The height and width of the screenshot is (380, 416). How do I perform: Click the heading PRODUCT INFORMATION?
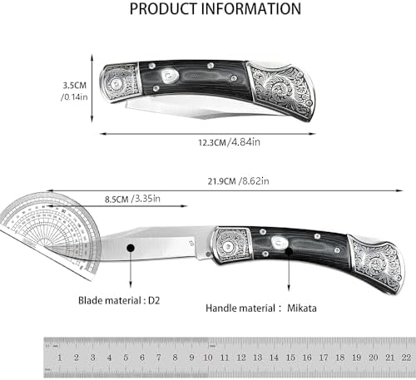click(x=215, y=9)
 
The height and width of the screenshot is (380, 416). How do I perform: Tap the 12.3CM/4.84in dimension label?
click(x=229, y=142)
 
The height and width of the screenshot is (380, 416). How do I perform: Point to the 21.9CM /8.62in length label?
click(x=238, y=181)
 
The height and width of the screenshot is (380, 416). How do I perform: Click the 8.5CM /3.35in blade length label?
click(x=132, y=199)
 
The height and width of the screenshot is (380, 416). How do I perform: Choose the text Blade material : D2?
click(x=119, y=300)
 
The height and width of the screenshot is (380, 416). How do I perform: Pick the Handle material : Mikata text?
click(x=261, y=308)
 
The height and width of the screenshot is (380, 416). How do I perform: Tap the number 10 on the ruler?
click(x=208, y=358)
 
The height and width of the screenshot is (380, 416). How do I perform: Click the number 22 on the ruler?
click(x=406, y=358)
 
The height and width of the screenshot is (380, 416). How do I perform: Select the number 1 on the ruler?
click(x=60, y=358)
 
